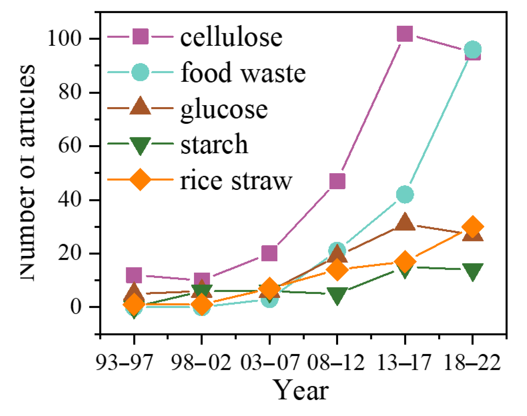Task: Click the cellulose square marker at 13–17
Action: click(405, 34)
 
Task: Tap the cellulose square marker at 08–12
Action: click(337, 181)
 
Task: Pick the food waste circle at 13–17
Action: click(405, 194)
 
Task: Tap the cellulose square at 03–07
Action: click(269, 253)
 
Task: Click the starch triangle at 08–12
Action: click(337, 295)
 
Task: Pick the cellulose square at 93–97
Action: click(134, 275)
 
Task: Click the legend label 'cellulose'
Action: click(231, 37)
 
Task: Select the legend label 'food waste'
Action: click(243, 73)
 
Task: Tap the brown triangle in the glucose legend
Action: click(140, 106)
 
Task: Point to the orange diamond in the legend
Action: click(140, 179)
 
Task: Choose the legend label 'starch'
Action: click(214, 144)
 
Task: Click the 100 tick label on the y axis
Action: click(65, 38)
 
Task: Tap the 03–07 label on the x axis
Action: click(270, 362)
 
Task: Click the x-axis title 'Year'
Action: click(300, 390)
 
